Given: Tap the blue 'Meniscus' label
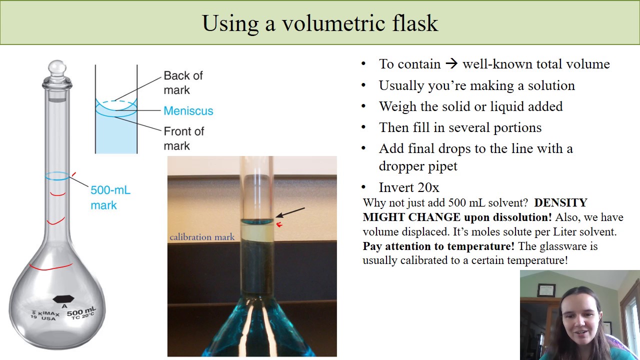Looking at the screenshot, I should (188, 111).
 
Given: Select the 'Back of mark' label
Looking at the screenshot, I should (183, 82).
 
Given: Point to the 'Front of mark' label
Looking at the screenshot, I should (183, 138).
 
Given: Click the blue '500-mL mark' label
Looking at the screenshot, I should (110, 197).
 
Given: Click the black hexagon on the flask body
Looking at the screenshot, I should (63, 298).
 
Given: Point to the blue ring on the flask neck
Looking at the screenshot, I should (57, 176).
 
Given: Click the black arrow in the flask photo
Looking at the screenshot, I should (290, 212).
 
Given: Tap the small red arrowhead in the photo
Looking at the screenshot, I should (279, 225).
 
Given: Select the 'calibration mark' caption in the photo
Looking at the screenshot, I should (202, 237).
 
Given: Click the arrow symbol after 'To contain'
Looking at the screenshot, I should (451, 64).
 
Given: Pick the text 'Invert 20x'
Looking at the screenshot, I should (409, 187).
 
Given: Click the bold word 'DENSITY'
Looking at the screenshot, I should (560, 202).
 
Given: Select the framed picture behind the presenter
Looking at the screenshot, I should (546, 290).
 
